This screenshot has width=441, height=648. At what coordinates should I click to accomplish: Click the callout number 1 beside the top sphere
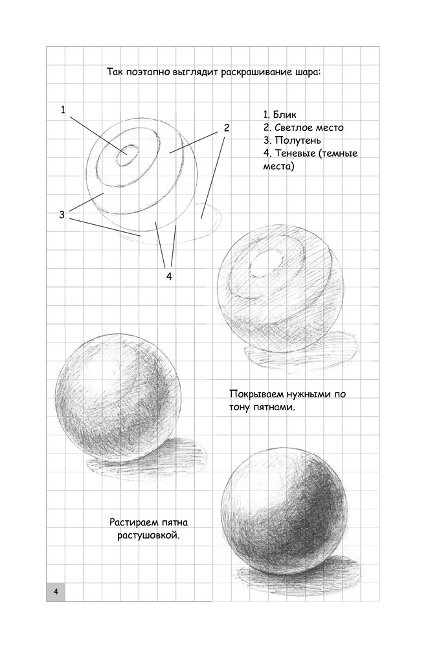point(63,110)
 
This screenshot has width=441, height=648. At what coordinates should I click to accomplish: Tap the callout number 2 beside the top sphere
point(227,128)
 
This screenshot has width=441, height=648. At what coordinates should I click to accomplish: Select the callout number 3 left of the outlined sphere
point(62,215)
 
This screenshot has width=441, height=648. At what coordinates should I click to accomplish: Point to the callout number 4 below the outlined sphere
point(169,277)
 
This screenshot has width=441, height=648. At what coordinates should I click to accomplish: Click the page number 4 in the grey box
point(56,591)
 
